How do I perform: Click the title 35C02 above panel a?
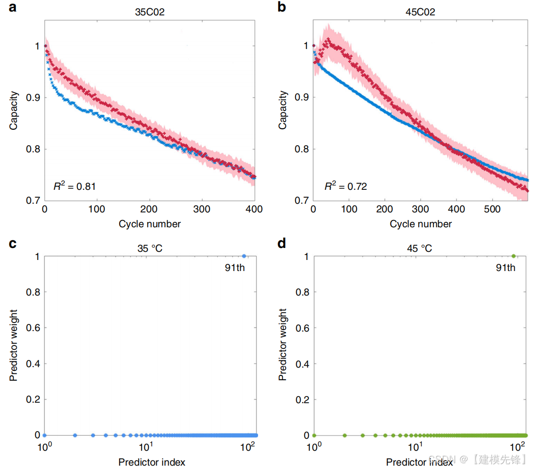(x=150, y=12)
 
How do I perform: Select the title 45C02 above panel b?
(x=421, y=12)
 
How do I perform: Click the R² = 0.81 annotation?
(x=74, y=186)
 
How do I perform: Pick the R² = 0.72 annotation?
(x=346, y=186)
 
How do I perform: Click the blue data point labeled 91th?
(x=244, y=256)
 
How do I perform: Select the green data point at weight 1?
(x=513, y=256)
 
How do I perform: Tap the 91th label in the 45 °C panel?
(x=506, y=268)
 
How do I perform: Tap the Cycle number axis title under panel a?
(x=150, y=224)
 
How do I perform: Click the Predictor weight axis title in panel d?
(x=283, y=345)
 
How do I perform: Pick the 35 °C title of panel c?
(x=150, y=248)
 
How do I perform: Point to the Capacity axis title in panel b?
(x=283, y=110)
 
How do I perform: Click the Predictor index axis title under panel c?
(x=151, y=462)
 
